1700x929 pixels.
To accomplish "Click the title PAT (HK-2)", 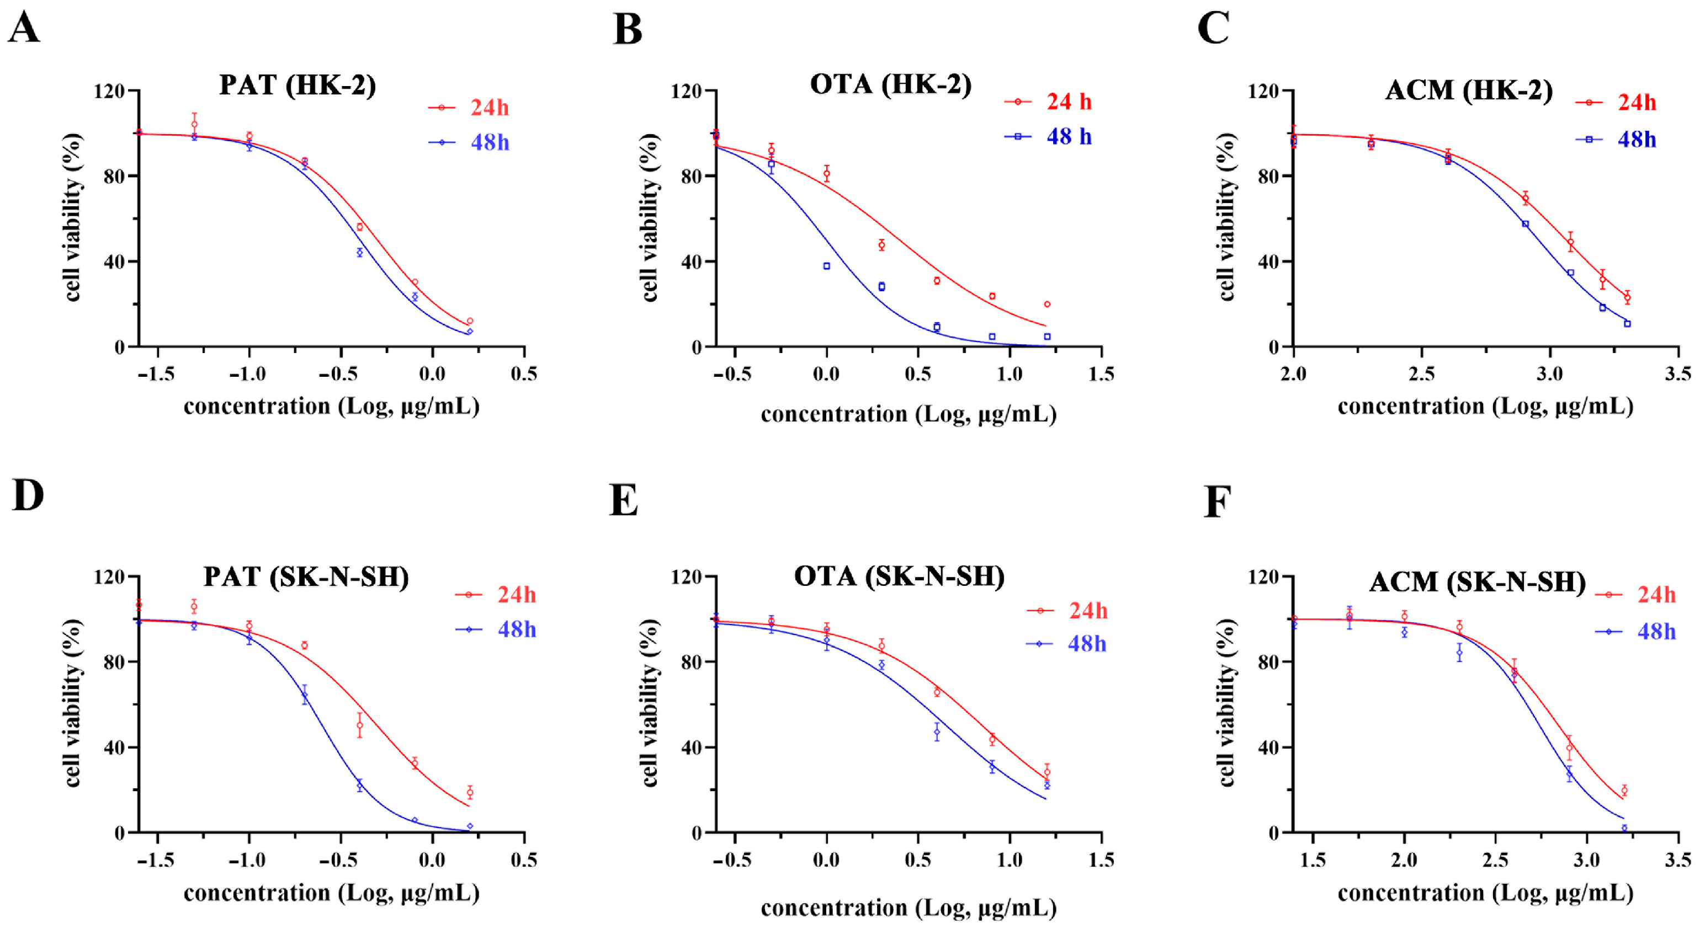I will point(297,86).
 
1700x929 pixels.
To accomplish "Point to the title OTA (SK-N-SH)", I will point(899,576).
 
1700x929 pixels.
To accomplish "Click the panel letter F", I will point(1217,502).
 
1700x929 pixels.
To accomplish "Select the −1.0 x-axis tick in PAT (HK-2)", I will point(248,374).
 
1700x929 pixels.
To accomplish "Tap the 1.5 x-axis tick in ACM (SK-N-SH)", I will point(1312,861).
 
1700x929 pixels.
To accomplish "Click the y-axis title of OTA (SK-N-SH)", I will point(650,703).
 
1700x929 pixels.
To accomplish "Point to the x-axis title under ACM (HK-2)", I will point(1485,407).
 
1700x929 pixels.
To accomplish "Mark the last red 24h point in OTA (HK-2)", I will point(1046,304).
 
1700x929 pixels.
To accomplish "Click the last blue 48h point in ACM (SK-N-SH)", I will point(1624,828).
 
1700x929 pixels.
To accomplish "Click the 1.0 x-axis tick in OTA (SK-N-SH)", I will point(1009,861).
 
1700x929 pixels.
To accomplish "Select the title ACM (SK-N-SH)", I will point(1477,582).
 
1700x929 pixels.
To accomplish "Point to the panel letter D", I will point(28,495).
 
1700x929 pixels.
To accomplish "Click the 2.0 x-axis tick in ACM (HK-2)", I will point(1293,374).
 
